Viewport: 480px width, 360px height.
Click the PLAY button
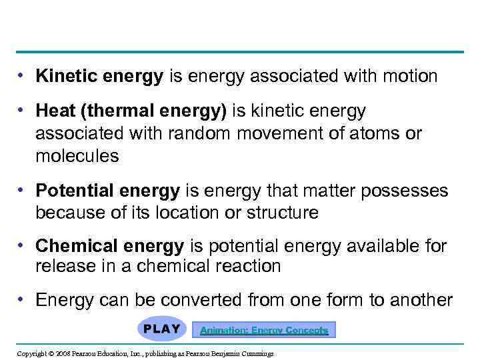[x=161, y=329]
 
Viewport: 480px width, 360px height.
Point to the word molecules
[x=77, y=157]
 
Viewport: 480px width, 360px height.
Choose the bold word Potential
[x=75, y=191]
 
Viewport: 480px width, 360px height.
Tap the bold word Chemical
[x=74, y=247]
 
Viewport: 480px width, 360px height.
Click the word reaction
[x=247, y=267]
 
